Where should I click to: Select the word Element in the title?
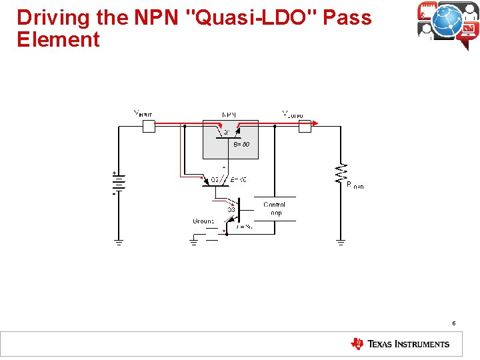(58, 39)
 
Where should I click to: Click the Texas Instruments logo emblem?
(357, 344)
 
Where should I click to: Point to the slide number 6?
(453, 323)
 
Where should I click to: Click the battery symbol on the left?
(118, 183)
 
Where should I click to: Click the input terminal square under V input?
(149, 127)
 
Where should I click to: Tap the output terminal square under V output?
(304, 127)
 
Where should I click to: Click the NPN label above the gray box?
(229, 115)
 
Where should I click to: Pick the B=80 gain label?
(241, 144)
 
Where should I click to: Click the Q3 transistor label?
(231, 210)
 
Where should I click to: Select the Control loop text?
(274, 209)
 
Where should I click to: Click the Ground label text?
(203, 221)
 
